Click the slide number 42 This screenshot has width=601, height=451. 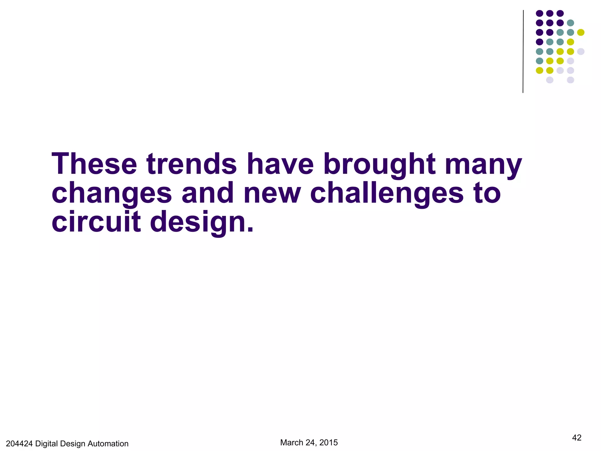click(x=577, y=438)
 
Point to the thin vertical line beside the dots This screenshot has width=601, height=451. click(x=523, y=51)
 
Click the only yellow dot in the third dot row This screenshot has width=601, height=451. click(x=581, y=32)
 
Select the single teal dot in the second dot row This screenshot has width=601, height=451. click(x=570, y=23)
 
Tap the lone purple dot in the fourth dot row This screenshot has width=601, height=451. click(x=539, y=42)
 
